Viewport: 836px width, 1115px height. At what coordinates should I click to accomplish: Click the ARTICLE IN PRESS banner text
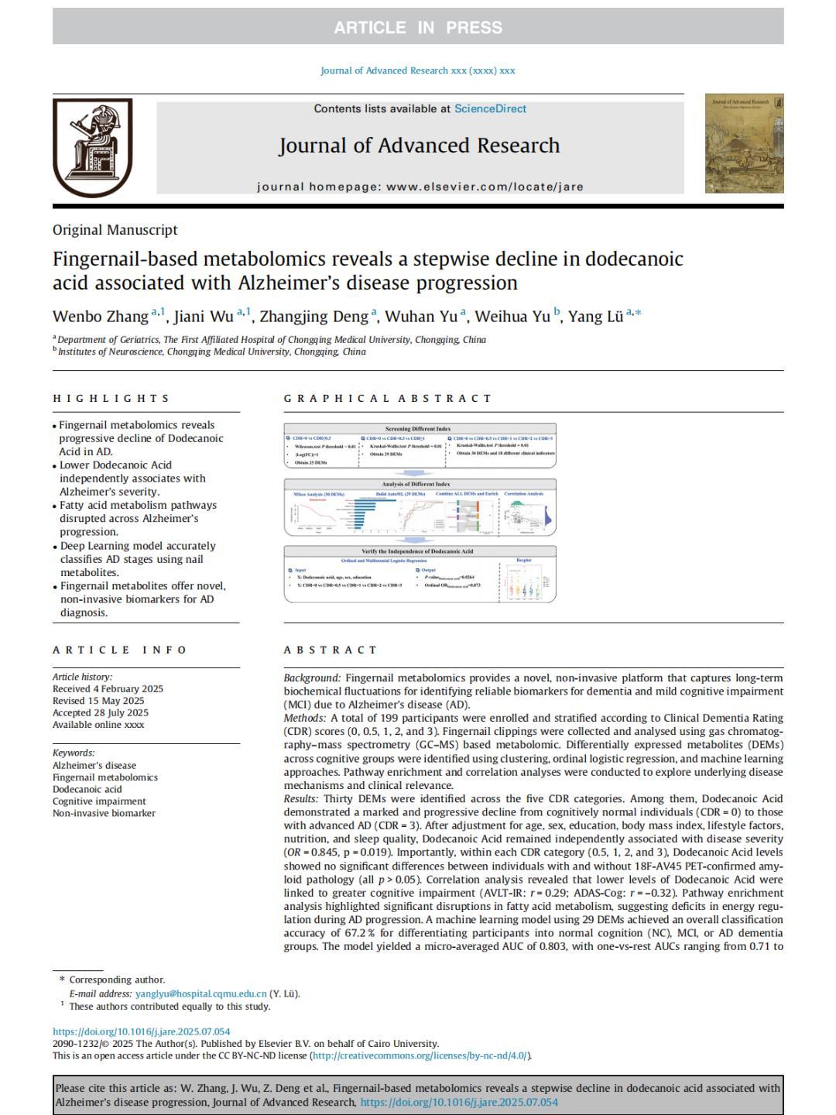tap(418, 28)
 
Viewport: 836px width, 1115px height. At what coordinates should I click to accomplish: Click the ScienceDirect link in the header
tap(490, 108)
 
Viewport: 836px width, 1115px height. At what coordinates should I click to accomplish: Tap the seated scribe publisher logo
tap(92, 147)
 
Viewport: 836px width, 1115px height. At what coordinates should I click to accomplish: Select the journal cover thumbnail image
tap(743, 143)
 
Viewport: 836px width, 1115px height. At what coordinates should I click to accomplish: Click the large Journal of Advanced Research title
tap(419, 146)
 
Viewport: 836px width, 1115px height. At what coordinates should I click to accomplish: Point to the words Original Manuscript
tap(115, 230)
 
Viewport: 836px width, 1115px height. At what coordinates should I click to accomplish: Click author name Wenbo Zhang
tap(101, 317)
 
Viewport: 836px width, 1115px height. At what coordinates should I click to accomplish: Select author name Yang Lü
tap(595, 317)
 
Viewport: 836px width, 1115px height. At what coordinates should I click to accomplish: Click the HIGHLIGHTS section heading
tap(111, 399)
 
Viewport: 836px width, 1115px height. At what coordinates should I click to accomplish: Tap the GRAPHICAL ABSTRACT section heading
tap(388, 399)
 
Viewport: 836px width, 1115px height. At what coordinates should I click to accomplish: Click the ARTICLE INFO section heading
tap(120, 650)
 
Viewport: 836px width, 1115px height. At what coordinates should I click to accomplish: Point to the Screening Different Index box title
tap(418, 429)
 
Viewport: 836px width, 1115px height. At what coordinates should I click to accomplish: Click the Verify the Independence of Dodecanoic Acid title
tap(418, 551)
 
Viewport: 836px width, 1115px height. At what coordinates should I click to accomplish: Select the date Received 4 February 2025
tap(108, 688)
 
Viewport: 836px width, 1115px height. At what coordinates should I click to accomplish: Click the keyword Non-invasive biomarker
tap(104, 813)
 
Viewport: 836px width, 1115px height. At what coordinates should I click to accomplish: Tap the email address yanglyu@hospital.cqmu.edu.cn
tap(200, 993)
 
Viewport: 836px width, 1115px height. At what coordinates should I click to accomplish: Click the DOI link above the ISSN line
tap(141, 1031)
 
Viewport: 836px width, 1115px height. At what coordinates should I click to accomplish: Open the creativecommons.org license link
tap(420, 1055)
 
